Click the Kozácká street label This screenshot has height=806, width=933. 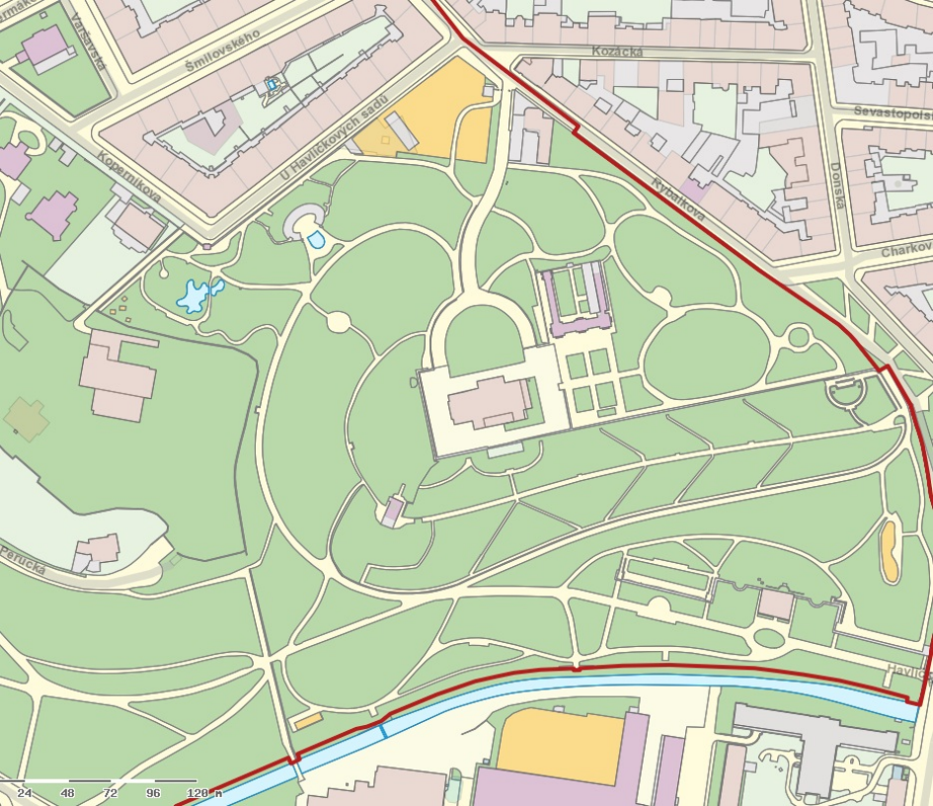[x=618, y=50]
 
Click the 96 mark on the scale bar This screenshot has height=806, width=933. [x=152, y=792]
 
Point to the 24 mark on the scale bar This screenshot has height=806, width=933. [x=25, y=792]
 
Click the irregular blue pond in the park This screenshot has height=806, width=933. [x=195, y=294]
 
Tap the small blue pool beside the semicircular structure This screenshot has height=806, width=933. [x=316, y=239]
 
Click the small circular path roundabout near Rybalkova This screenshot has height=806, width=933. [x=798, y=337]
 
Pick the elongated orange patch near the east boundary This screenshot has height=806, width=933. [x=890, y=551]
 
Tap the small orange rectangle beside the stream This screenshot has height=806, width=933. [x=308, y=721]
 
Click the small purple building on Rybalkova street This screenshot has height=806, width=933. [x=694, y=191]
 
